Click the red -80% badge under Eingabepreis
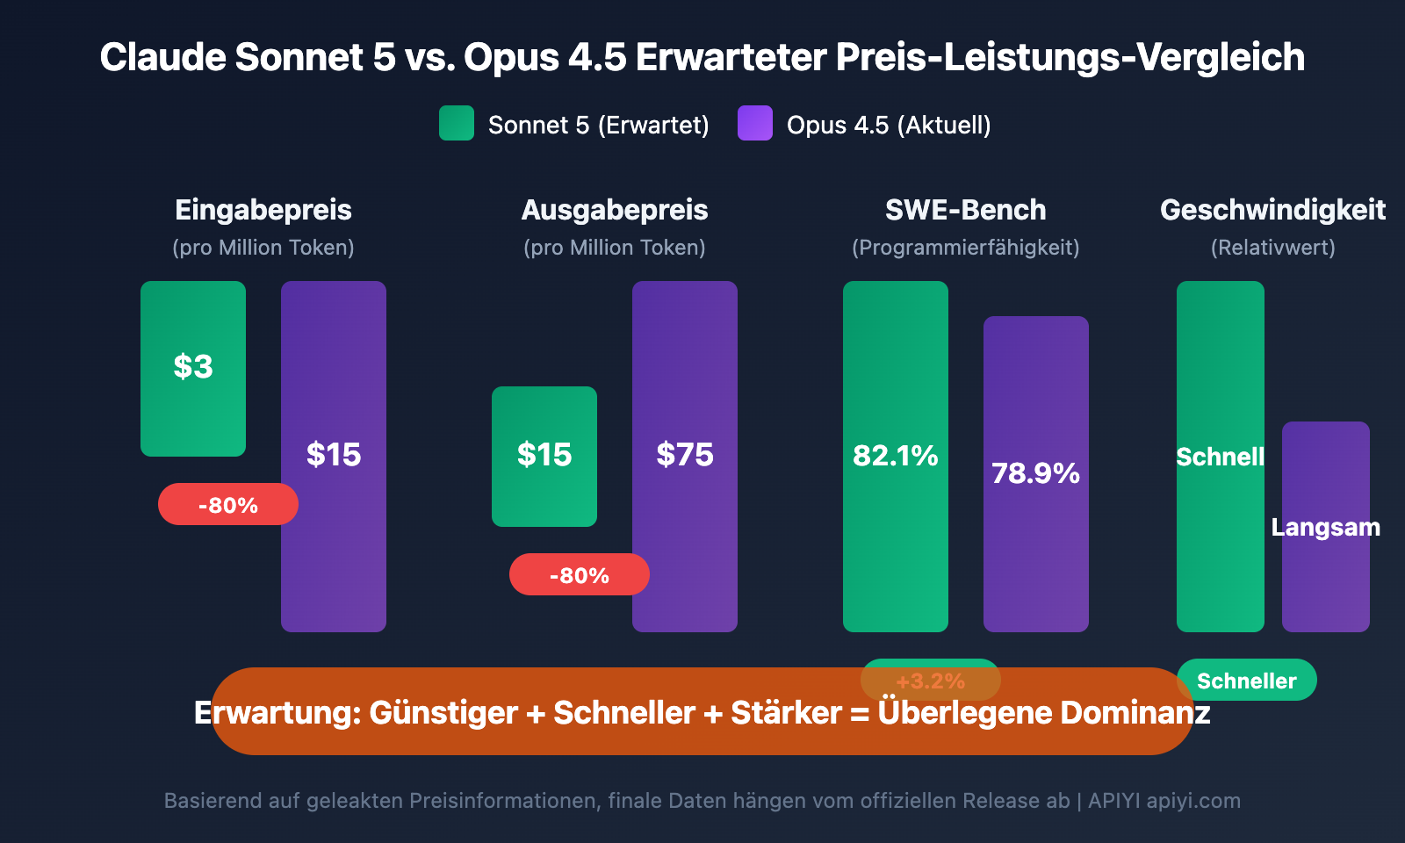point(228,505)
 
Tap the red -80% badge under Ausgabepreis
point(580,575)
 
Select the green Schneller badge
point(1247,681)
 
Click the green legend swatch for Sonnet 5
point(457,124)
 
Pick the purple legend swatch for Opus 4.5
point(755,124)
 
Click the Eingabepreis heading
point(263,210)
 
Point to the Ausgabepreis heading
point(615,210)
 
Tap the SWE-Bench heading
point(966,210)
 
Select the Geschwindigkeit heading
point(1273,210)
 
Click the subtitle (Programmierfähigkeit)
point(966,248)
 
